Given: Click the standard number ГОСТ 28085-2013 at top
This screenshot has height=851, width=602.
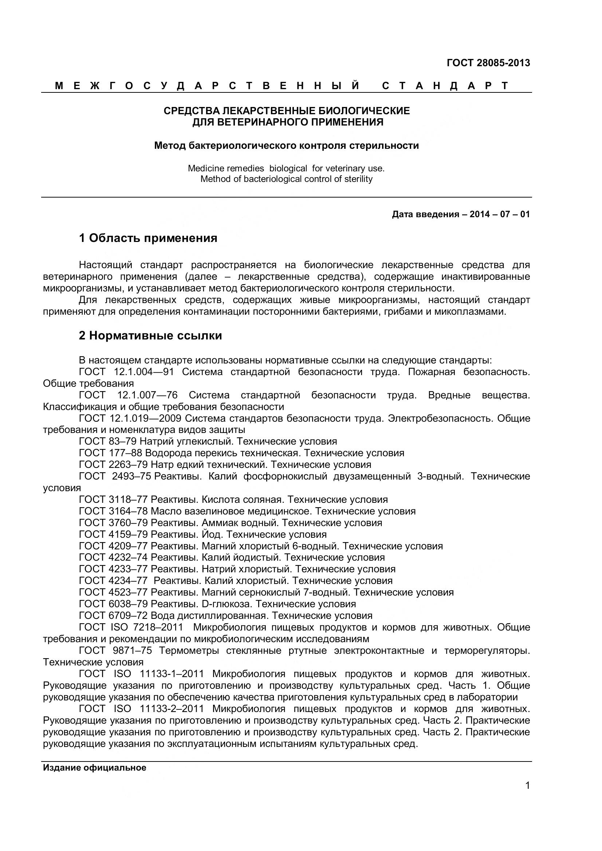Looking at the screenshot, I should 488,63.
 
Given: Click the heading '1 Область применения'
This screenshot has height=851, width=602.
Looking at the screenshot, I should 148,238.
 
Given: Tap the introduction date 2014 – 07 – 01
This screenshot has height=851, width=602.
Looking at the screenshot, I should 500,214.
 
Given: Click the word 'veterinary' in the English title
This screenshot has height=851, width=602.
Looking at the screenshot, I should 345,168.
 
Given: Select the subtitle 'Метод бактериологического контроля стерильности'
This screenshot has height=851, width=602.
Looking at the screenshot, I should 286,146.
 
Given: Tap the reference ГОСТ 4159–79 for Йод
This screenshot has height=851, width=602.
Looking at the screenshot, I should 113,534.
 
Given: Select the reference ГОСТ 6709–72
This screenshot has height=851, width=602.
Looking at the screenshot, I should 113,616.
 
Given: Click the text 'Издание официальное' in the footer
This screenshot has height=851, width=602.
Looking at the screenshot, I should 95,768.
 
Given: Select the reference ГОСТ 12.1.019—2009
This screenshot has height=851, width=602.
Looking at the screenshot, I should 130,418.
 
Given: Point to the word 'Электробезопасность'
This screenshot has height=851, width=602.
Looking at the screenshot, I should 440,418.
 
